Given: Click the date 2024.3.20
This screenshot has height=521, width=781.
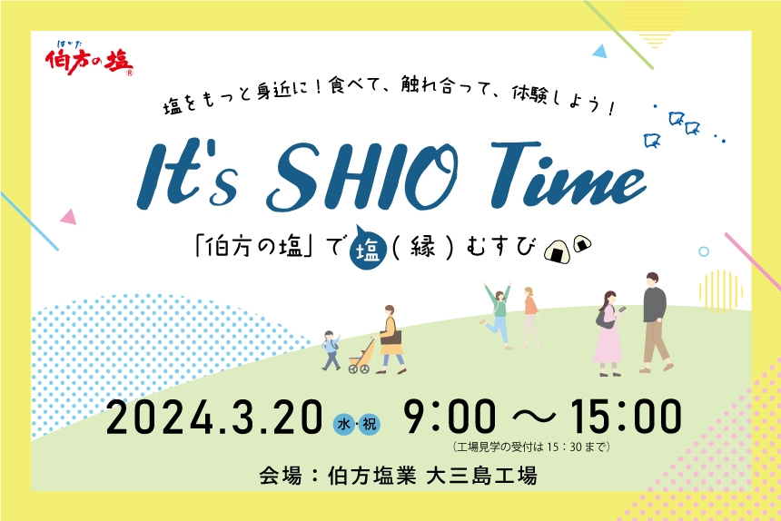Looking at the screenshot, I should coord(213,418).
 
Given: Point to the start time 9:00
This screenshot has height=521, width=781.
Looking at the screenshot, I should coord(451,418).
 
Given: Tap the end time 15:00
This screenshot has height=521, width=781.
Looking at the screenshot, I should coord(625,418).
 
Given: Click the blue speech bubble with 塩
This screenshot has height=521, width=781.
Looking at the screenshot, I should coord(368,248).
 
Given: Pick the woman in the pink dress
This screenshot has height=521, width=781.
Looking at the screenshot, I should coord(607,332).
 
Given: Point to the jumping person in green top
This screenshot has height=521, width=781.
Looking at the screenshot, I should coord(499,314).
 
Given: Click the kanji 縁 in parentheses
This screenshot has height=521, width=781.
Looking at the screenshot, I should coord(420,248).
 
